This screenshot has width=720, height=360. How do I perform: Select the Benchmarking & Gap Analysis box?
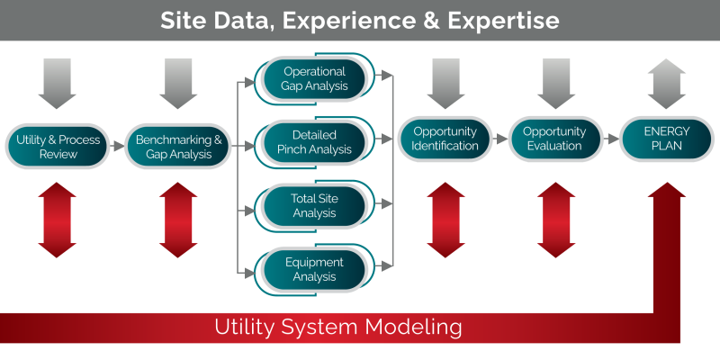[x=178, y=147]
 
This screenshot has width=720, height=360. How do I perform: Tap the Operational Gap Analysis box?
[x=314, y=78]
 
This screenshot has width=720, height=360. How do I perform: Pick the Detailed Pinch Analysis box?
[x=314, y=142]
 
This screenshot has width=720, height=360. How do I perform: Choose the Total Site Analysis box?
[x=314, y=206]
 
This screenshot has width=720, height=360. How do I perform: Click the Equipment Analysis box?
[x=314, y=269]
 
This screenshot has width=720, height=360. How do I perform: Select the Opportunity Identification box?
[x=445, y=139]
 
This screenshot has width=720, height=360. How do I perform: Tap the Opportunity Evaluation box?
[x=555, y=139]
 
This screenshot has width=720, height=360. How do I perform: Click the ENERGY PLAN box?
[x=666, y=139]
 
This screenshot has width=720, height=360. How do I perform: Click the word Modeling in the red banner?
[x=418, y=326]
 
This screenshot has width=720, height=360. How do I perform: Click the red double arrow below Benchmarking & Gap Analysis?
[x=178, y=220]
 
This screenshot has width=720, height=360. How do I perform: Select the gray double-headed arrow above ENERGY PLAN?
[x=666, y=83]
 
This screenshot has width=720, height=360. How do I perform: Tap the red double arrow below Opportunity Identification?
[x=445, y=220]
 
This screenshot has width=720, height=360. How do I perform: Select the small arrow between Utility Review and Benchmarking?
[x=118, y=147]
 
